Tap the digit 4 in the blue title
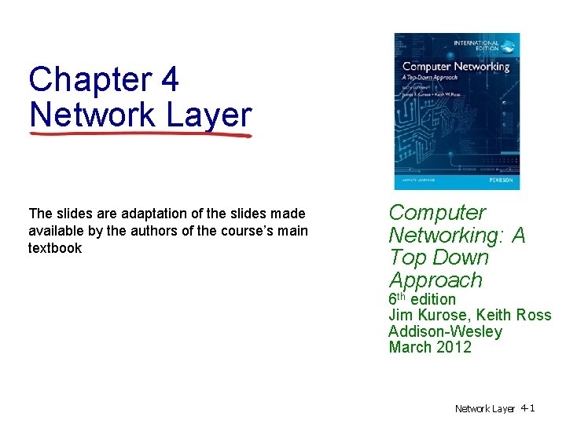(169, 80)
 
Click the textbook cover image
(456, 111)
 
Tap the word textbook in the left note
(54, 248)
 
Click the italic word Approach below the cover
(435, 280)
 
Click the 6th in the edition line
(397, 299)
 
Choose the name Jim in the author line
(401, 316)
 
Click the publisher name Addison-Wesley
(445, 331)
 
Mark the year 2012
(455, 347)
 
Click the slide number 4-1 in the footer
(527, 408)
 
